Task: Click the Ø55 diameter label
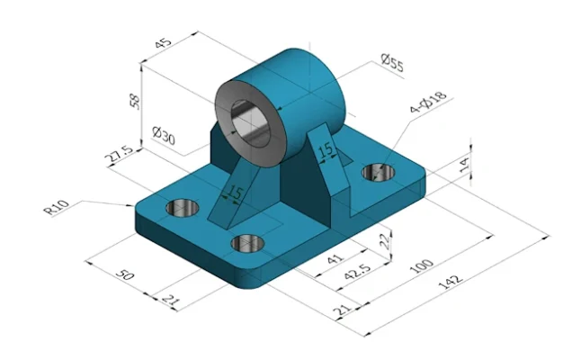tap(392, 63)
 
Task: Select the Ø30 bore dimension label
tap(164, 136)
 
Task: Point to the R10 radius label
tap(56, 207)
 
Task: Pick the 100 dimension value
tap(422, 265)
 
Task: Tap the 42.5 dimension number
tap(358, 271)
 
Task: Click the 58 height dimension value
tap(135, 102)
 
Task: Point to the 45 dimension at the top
tap(163, 42)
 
